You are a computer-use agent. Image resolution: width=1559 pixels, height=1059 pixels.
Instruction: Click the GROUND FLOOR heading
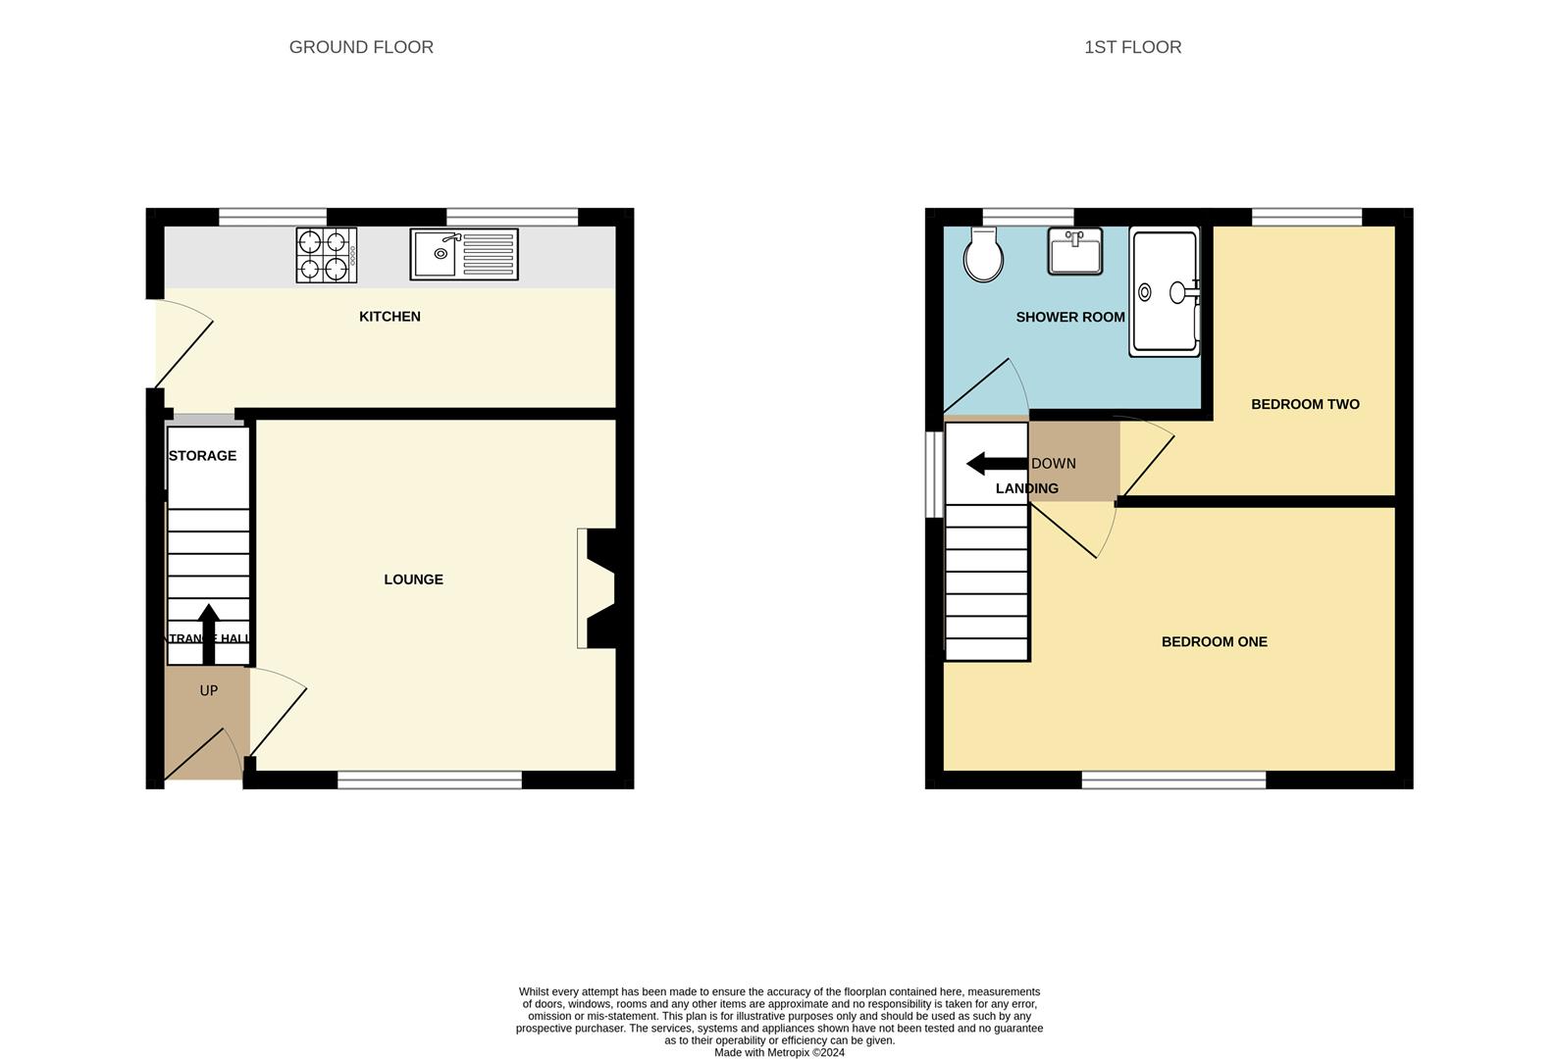[x=361, y=47]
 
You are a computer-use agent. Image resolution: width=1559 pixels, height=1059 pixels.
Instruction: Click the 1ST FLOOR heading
[x=1132, y=47]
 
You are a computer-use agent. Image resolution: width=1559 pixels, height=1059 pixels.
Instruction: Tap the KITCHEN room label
[x=390, y=317]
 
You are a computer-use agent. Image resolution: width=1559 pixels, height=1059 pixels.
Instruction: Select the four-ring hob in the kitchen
[x=327, y=255]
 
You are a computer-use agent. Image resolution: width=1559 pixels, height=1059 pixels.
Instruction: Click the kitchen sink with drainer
[x=464, y=254]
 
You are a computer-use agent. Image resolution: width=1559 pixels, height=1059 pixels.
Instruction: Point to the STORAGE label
[x=202, y=456]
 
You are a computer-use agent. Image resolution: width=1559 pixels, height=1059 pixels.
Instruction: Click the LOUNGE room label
[x=413, y=580]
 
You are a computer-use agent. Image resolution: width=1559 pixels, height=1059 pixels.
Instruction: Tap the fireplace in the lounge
[x=598, y=588]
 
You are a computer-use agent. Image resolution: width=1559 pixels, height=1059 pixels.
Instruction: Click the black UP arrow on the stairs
[x=208, y=633]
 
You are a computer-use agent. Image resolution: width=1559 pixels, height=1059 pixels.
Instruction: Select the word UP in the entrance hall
[x=208, y=690]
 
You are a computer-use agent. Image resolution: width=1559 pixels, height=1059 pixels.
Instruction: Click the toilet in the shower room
[x=983, y=255]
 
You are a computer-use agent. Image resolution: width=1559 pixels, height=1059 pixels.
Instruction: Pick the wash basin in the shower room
[x=1074, y=252]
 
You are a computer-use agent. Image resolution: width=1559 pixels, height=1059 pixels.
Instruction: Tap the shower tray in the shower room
[x=1165, y=291]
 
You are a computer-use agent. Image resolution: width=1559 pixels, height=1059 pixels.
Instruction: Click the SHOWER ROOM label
[x=1069, y=318]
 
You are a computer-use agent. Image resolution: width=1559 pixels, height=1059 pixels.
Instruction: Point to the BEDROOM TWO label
[x=1305, y=404]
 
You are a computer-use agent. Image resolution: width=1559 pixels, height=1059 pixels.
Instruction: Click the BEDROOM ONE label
[x=1214, y=642]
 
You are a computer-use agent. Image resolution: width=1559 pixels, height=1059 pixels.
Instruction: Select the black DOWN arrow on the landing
[x=996, y=464]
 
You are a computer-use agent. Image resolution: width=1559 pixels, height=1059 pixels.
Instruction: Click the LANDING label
[x=1026, y=488]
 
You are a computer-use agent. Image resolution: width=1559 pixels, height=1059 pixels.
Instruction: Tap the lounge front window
[x=430, y=781]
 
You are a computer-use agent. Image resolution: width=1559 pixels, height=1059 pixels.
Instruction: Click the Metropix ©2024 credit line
[x=779, y=1053]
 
